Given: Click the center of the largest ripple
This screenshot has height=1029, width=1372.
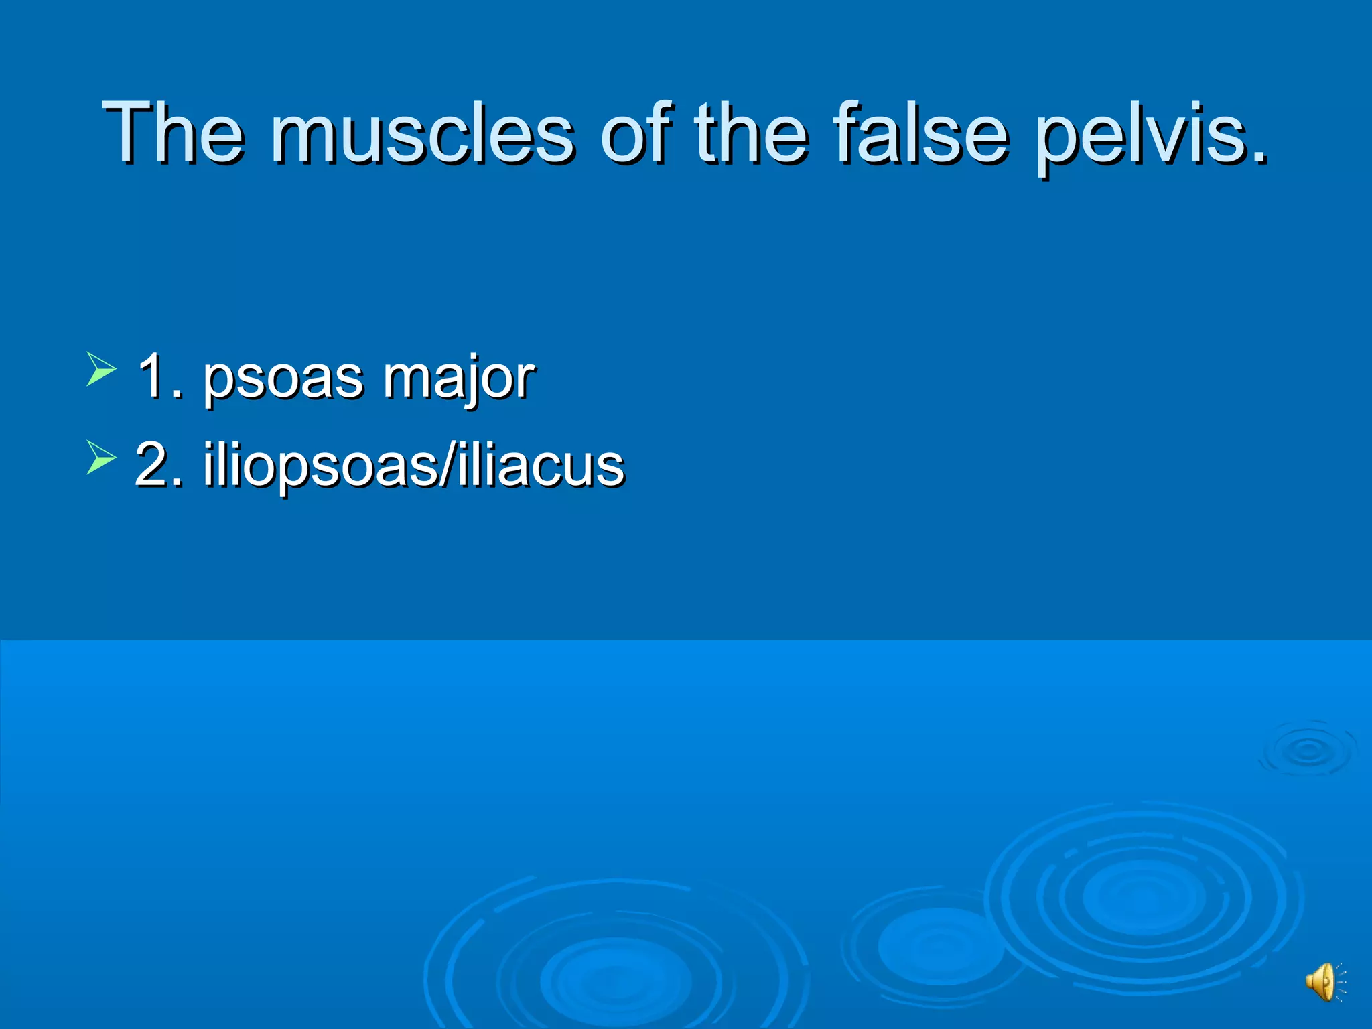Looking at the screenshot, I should coord(1142,898).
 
